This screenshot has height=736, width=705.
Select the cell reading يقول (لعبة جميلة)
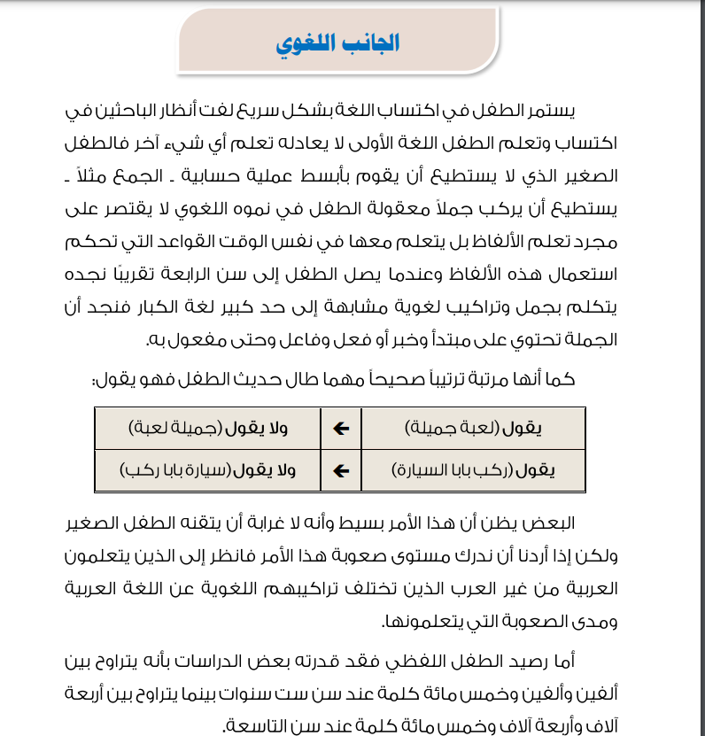(x=473, y=429)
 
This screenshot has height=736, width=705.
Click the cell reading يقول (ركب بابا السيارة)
(x=473, y=470)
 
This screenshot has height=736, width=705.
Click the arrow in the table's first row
(x=341, y=429)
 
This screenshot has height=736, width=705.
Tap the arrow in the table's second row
(x=341, y=470)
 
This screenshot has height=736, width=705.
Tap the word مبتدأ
(x=413, y=339)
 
